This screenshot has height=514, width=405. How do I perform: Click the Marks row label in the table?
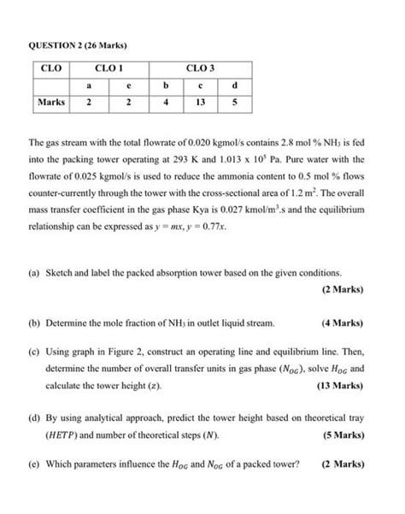point(51,103)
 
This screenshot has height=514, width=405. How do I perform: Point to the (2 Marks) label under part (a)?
point(343,288)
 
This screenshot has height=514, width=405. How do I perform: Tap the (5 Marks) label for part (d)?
point(343,435)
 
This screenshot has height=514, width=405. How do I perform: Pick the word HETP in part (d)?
point(62,435)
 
